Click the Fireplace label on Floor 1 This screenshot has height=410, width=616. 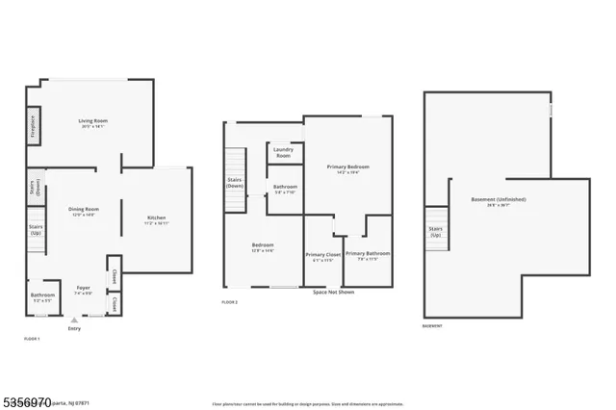pos(32,125)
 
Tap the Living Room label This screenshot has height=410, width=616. pos(91,122)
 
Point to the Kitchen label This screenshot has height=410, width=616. pos(157,220)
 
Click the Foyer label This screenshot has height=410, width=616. pos(83,291)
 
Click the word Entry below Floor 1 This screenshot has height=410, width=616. pos(74,329)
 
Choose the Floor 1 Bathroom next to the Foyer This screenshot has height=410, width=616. pos(41,297)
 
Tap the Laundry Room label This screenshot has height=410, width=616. pos(283,152)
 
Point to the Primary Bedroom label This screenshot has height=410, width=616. pos(346,168)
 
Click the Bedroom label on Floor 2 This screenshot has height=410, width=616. pos(263,246)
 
